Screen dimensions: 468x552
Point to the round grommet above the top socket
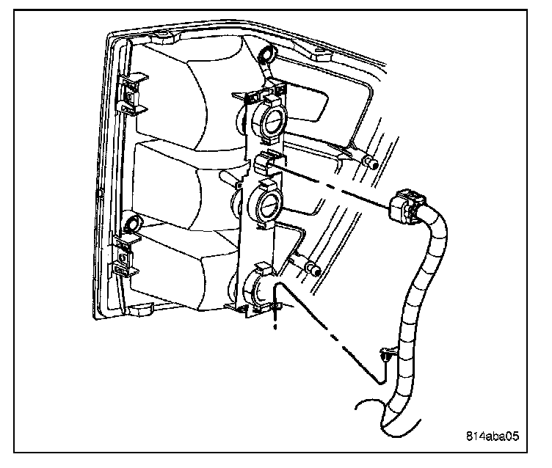point(266,55)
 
